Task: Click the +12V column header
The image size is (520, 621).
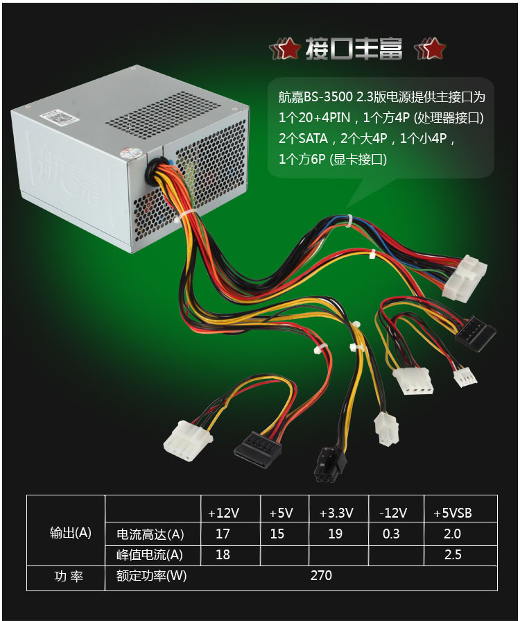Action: (x=223, y=513)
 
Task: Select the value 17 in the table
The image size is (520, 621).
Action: (x=223, y=534)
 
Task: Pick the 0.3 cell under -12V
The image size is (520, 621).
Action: (x=391, y=534)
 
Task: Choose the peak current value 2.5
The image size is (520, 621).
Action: (x=453, y=555)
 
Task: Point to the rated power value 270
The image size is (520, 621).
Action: (x=322, y=576)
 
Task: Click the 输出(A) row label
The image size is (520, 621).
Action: (x=71, y=533)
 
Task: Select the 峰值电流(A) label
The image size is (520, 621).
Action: (x=149, y=555)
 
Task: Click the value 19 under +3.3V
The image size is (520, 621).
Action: (x=336, y=534)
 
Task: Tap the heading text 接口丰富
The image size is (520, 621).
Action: (x=354, y=49)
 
